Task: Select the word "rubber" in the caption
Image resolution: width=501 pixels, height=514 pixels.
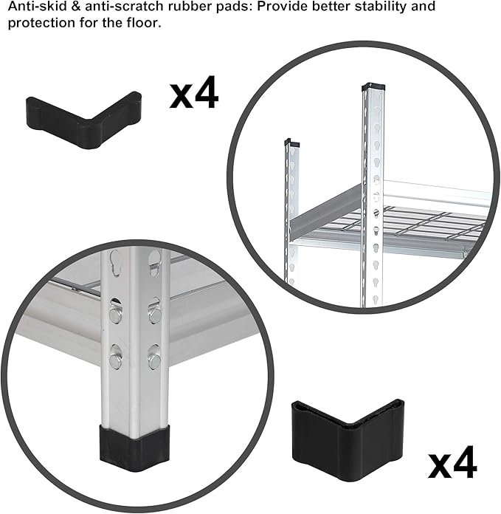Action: point(182,7)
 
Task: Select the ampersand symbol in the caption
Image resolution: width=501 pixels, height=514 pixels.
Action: point(72,7)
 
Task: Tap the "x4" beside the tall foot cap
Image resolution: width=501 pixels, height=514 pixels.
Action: point(452,465)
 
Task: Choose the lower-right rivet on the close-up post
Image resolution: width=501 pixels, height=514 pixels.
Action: point(154,361)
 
